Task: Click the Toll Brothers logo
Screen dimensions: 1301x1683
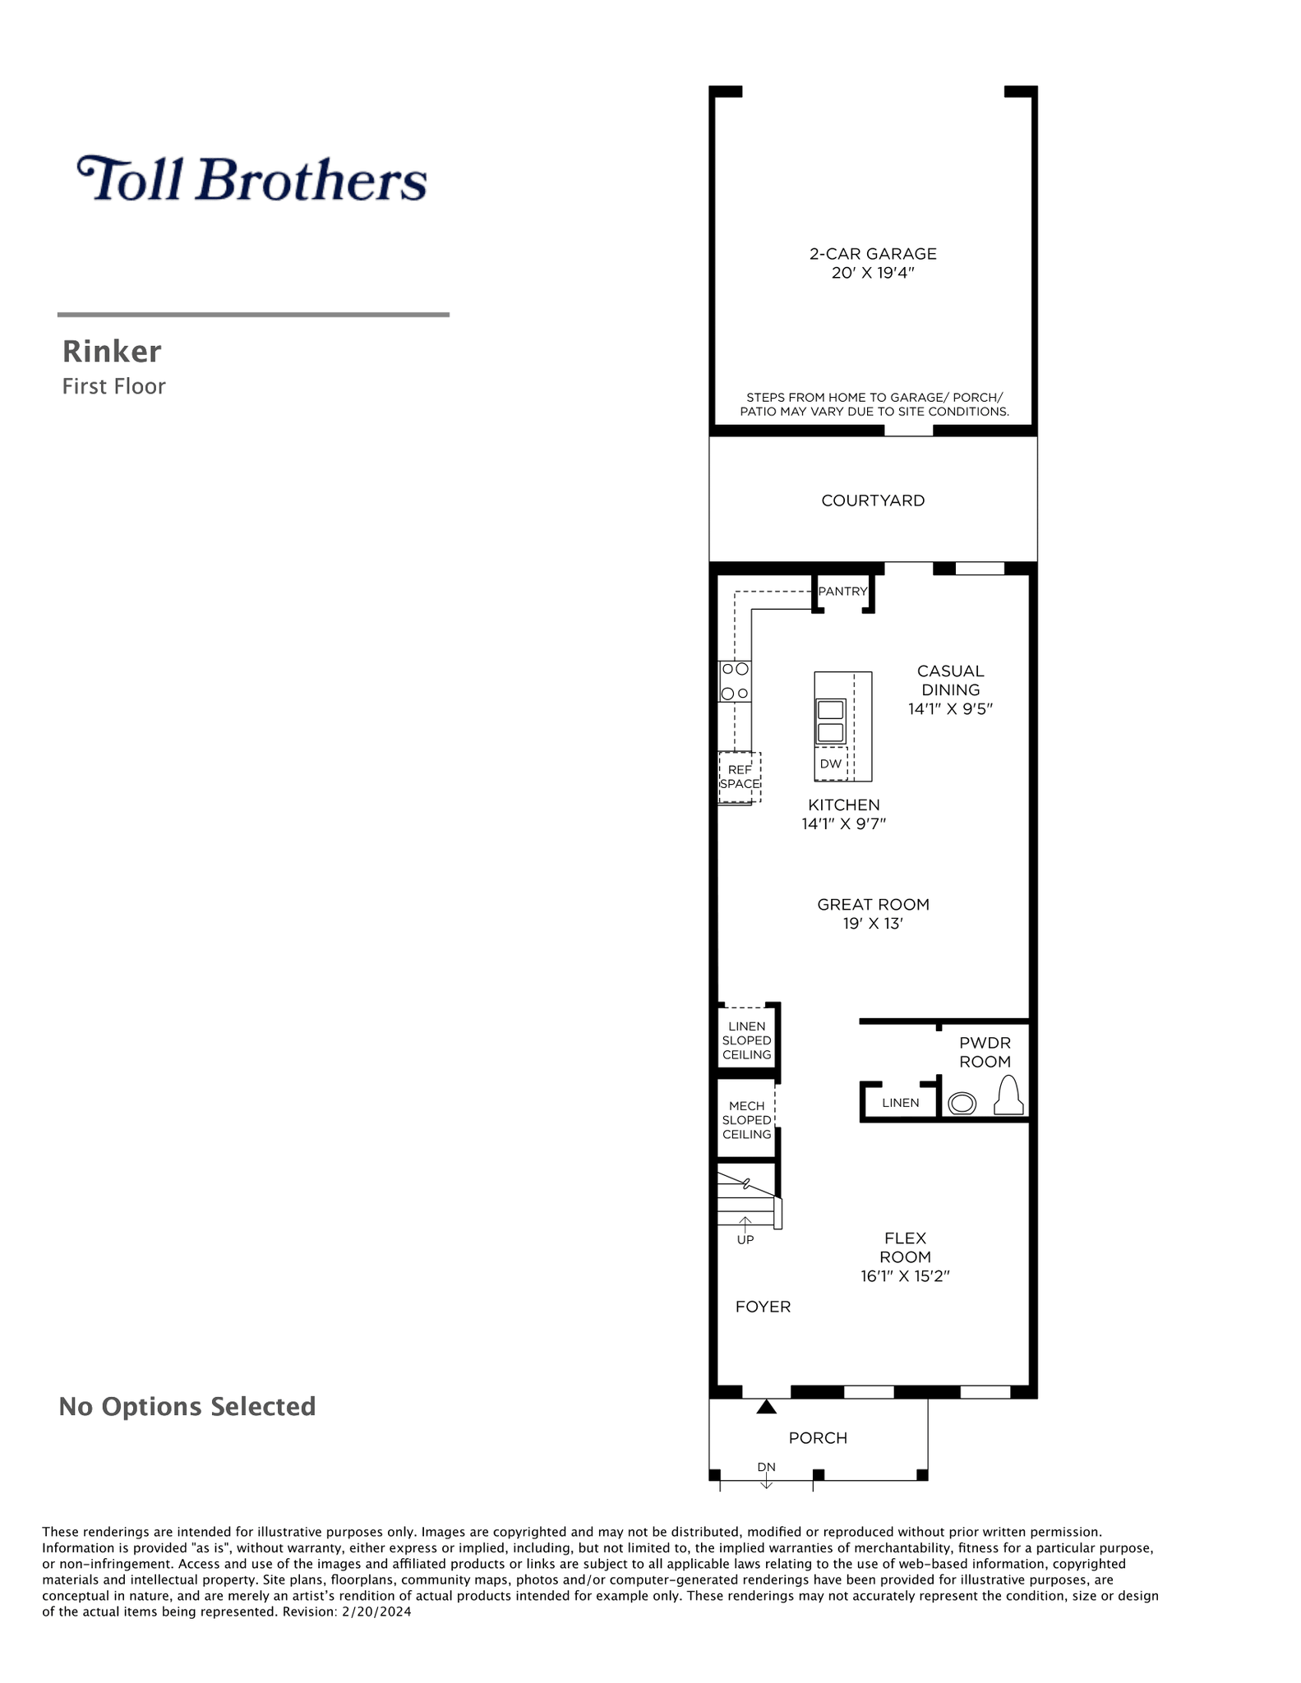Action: [251, 178]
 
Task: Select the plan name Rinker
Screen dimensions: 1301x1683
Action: [112, 352]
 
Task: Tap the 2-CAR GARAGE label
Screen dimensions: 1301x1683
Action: [873, 254]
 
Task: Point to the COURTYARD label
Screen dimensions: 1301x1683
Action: [873, 500]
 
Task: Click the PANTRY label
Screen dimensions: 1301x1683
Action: [842, 591]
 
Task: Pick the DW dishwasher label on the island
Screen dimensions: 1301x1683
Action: [831, 763]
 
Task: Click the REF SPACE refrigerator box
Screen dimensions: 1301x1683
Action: [740, 777]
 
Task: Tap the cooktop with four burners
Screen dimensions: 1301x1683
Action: [735, 681]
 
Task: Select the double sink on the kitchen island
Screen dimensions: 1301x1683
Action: [831, 721]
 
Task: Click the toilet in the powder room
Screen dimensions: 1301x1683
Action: [1008, 1095]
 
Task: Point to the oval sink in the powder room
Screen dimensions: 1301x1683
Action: [962, 1104]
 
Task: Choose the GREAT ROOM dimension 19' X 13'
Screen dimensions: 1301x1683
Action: [873, 924]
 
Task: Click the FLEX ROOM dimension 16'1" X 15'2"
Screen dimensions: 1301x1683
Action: [906, 1276]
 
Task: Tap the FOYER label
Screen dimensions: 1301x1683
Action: [763, 1307]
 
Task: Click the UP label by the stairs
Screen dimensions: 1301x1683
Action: [745, 1240]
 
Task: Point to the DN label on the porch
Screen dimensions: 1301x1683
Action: [766, 1467]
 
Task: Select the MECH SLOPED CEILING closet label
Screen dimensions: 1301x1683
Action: [746, 1120]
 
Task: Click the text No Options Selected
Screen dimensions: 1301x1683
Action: [187, 1407]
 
